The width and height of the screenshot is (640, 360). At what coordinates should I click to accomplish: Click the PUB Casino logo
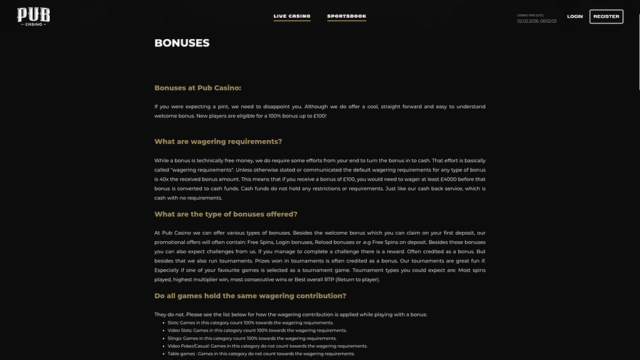click(33, 16)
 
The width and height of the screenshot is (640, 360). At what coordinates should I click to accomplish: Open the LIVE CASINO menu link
click(292, 16)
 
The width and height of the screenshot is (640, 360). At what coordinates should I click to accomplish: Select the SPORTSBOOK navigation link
click(346, 16)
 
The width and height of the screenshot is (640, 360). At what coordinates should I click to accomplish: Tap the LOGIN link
click(575, 16)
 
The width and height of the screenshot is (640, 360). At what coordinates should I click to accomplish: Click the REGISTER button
click(606, 16)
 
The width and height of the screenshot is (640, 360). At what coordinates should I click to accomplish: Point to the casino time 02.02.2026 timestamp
click(536, 21)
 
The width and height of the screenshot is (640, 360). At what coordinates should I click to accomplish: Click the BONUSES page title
click(182, 43)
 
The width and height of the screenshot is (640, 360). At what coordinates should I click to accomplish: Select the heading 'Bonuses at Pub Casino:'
click(198, 88)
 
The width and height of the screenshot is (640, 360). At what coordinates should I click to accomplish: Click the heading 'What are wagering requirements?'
click(218, 142)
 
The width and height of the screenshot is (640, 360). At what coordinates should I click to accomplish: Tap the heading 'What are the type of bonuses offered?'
click(225, 214)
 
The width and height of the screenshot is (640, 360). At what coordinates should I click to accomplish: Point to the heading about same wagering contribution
click(250, 296)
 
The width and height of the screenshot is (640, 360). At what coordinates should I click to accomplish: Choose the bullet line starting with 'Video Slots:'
click(257, 330)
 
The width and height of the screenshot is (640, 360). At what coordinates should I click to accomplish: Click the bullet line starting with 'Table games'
click(261, 354)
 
